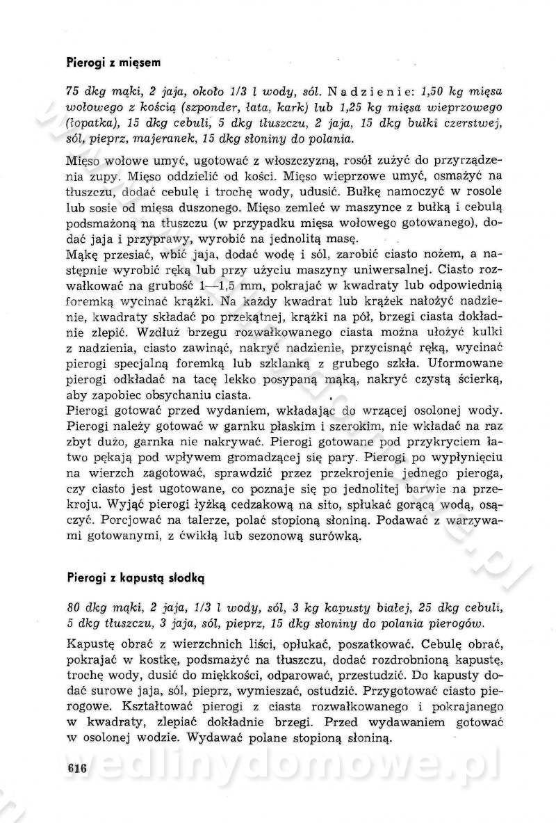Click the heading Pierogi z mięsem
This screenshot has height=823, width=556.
[x=114, y=63]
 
